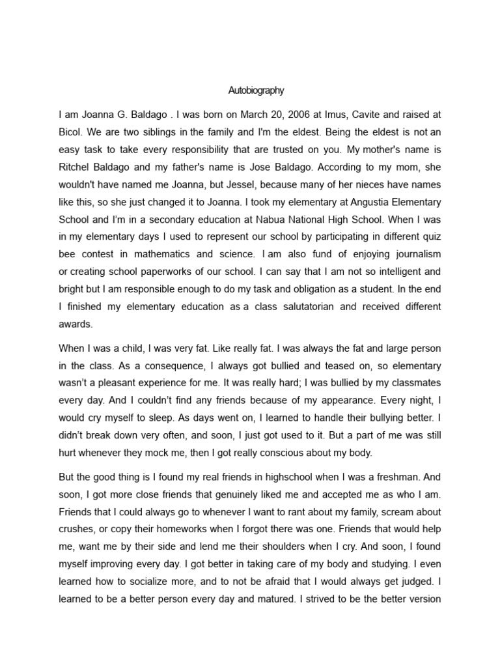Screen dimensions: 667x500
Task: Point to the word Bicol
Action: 70,132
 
